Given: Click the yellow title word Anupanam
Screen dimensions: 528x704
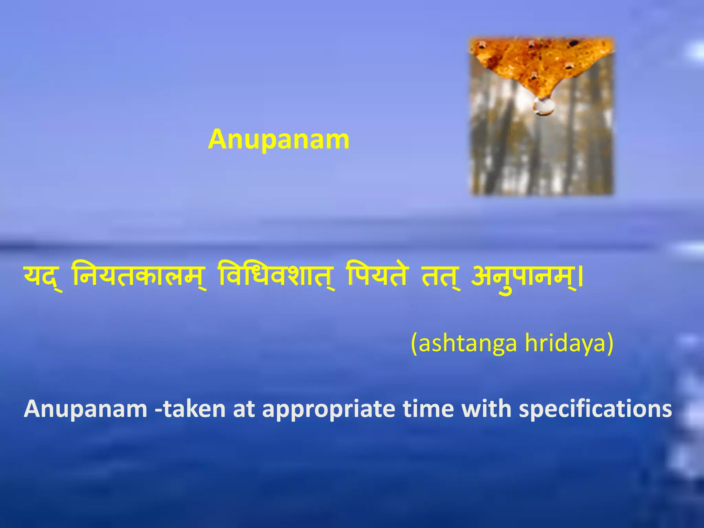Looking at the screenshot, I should [278, 140].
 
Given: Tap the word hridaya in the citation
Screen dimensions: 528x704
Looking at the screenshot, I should [564, 343].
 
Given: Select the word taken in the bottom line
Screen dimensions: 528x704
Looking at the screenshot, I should [194, 409].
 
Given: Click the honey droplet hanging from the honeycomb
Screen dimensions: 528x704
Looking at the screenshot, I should [543, 106].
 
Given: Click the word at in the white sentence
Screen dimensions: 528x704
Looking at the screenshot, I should [244, 409].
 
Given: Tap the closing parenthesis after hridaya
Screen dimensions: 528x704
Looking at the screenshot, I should [610, 343].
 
